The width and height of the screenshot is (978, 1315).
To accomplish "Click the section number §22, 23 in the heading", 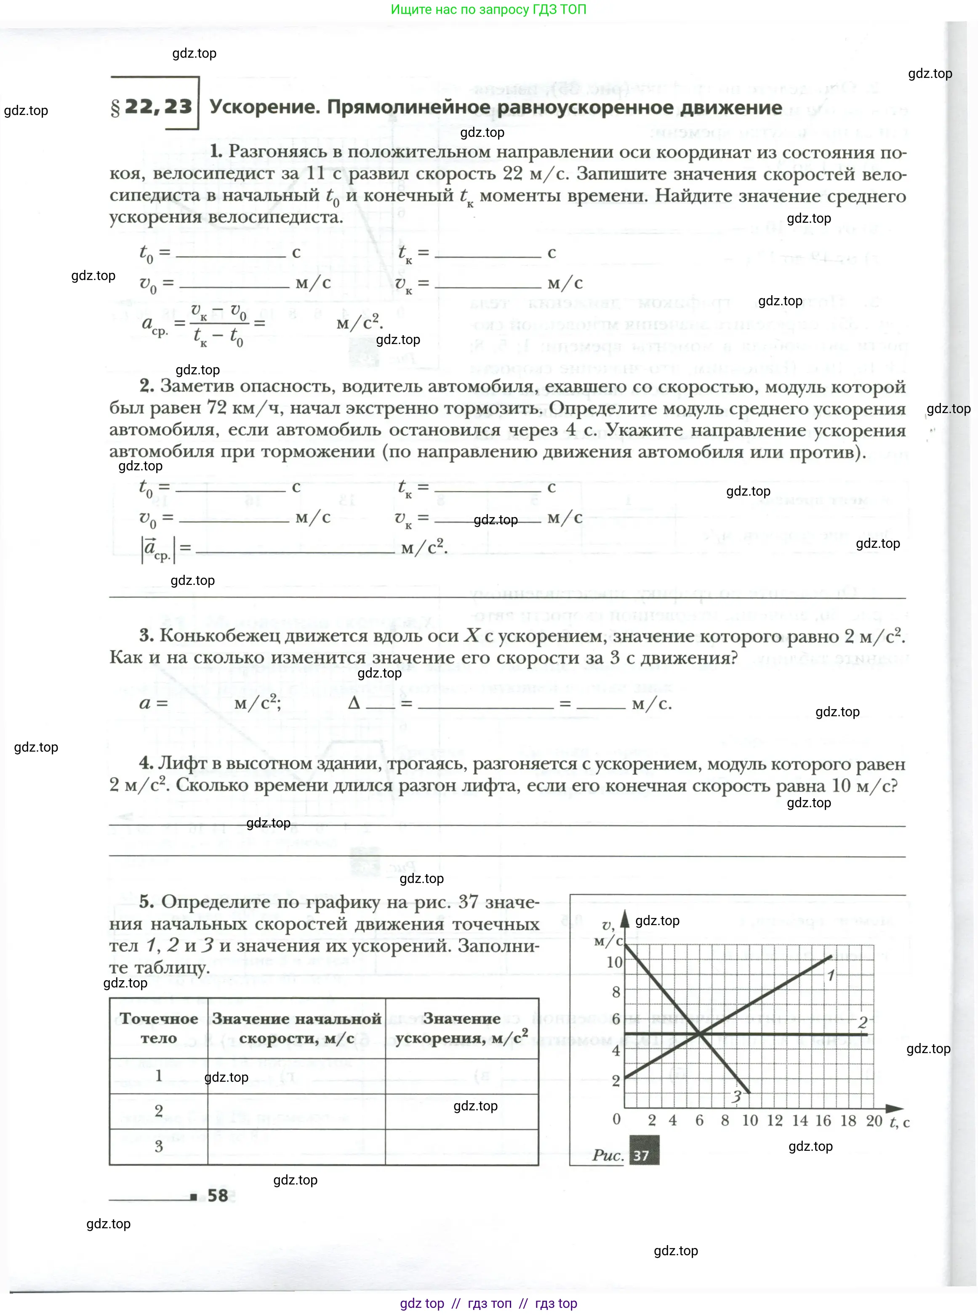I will pyautogui.click(x=152, y=107).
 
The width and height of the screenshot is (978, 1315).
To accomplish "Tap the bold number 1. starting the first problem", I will pyautogui.click(x=216, y=152).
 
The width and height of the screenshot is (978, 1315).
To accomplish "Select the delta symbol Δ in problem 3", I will pyautogui.click(x=354, y=703).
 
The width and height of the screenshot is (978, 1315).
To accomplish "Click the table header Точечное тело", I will pyautogui.click(x=159, y=1028).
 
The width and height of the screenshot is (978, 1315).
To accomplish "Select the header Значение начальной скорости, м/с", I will pyautogui.click(x=296, y=1028).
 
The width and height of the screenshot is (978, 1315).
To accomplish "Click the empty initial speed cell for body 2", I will pyautogui.click(x=296, y=1111).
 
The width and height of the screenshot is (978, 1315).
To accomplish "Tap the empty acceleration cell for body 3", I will pyautogui.click(x=462, y=1147).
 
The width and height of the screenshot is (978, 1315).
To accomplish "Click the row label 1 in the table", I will pyautogui.click(x=159, y=1075).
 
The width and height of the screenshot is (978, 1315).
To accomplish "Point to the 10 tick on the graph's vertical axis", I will pyautogui.click(x=615, y=962).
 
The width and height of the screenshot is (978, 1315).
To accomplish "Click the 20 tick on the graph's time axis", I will pyautogui.click(x=874, y=1120).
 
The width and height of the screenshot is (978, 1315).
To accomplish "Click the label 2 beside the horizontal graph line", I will pyautogui.click(x=863, y=1022).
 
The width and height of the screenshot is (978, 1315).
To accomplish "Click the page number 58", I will pyautogui.click(x=218, y=1195).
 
